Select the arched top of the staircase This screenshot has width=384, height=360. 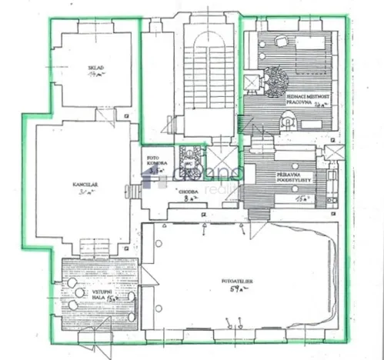[202, 39]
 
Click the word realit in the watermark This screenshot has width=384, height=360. [228, 178]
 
